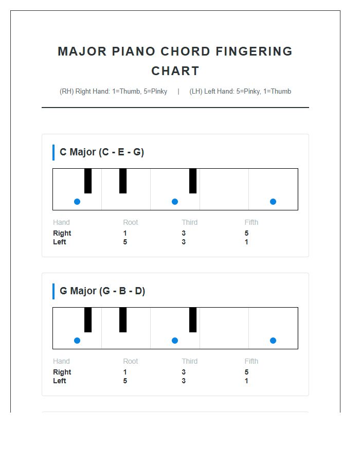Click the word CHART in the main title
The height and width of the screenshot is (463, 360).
175,71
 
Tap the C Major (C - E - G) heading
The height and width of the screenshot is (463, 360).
102,152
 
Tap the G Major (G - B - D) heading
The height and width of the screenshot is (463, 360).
102,291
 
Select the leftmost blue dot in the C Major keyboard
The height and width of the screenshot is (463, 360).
77,202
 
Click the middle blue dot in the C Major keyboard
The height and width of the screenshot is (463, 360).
175,202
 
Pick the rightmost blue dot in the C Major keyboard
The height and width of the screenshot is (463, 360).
273,202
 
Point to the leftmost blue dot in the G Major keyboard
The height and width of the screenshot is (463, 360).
77,341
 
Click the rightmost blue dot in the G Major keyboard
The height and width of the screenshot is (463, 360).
273,341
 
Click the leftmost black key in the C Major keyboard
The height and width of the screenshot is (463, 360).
88,181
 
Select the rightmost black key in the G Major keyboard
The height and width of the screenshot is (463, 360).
193,319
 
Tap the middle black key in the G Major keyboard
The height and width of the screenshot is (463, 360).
123,319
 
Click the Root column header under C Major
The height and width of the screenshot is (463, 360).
131,223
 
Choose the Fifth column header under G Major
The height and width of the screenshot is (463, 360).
251,362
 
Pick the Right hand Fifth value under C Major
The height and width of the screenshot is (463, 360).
247,234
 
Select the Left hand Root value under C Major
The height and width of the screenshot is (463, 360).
125,242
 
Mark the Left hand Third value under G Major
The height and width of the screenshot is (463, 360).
184,381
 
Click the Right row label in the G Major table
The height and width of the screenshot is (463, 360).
62,372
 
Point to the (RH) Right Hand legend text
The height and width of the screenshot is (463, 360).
114,92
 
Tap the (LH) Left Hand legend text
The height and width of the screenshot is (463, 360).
240,92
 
